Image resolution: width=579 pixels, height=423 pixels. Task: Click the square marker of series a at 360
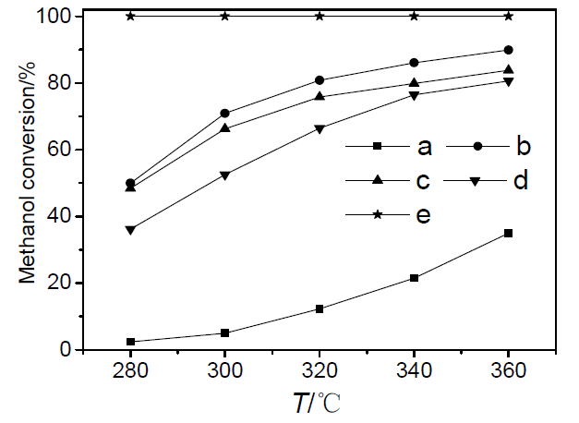pos(508,233)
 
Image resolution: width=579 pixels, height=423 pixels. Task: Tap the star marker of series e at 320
pos(320,16)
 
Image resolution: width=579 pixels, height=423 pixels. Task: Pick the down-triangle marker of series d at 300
pos(225,175)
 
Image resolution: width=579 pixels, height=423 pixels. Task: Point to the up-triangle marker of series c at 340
pos(414,83)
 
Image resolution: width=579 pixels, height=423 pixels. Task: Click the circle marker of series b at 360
pos(508,50)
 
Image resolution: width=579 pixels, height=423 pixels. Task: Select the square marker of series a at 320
pos(320,308)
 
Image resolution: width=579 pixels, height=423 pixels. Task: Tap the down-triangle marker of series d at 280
pos(130,230)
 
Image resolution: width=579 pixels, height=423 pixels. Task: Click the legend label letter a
pos(425,146)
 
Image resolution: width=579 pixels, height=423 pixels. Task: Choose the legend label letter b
pos(522,146)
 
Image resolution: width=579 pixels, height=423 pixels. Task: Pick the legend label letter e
pos(425,215)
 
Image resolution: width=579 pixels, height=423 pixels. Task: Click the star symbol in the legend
pos(376,215)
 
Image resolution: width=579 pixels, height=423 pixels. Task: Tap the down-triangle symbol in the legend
pos(473,181)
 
